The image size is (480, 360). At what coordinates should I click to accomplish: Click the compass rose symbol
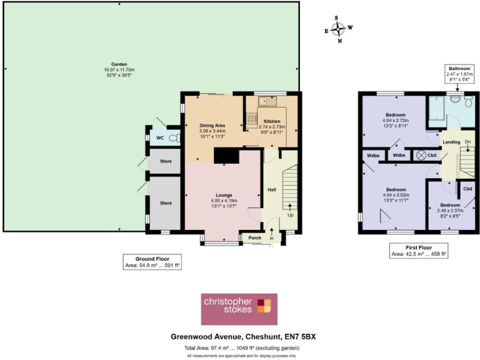(338, 29)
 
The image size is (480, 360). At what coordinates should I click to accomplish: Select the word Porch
(254, 237)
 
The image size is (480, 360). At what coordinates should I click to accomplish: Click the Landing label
(451, 142)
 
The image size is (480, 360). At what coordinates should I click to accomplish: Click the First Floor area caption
(419, 251)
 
